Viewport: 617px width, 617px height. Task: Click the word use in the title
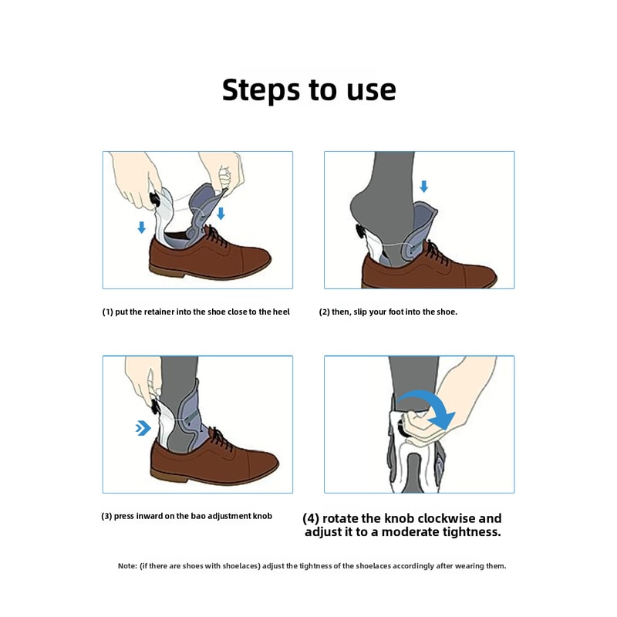(366, 89)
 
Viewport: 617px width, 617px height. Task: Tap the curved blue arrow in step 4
(428, 406)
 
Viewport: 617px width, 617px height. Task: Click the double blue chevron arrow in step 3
(143, 428)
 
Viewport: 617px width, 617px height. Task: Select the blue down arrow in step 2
(423, 187)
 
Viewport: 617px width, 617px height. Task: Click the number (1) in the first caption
(108, 312)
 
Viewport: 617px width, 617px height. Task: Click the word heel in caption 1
(282, 312)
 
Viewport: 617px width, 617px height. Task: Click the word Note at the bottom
(126, 566)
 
